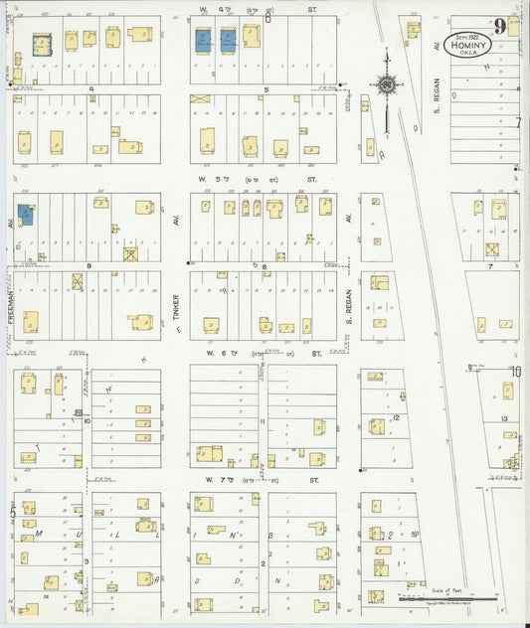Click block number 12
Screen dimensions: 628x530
click(395, 418)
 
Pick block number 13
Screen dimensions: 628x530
click(505, 418)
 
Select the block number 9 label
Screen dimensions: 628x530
click(88, 266)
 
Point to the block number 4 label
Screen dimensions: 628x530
click(90, 88)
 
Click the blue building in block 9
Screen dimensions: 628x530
click(25, 216)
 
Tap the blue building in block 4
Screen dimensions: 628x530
click(43, 45)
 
